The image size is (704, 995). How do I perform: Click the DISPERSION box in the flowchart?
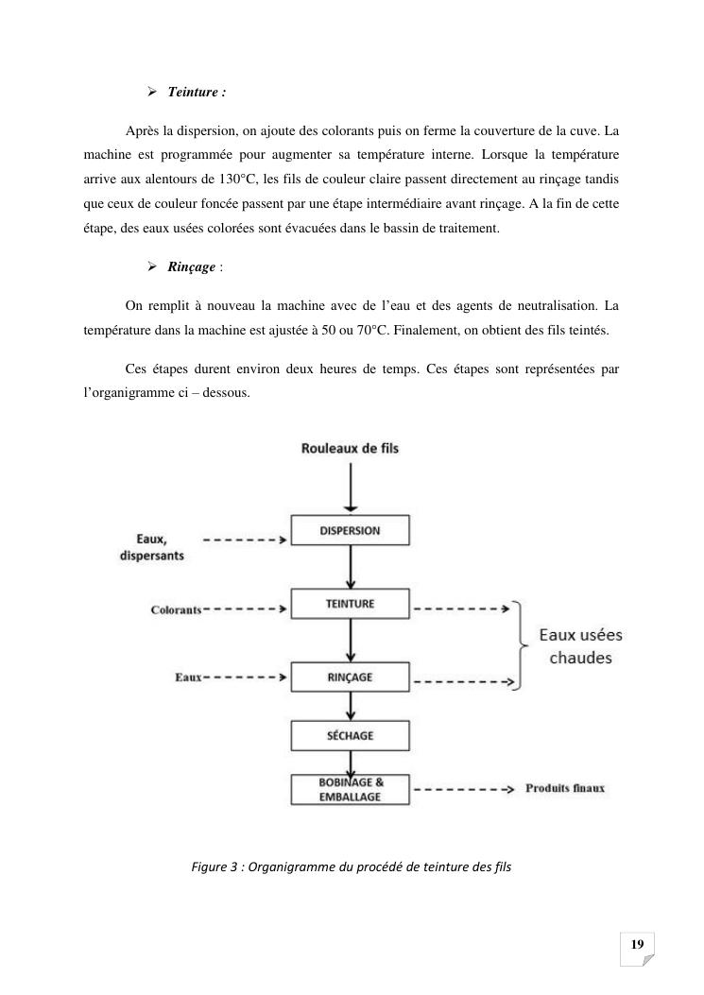click(x=350, y=531)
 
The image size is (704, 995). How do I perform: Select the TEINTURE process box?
click(x=350, y=604)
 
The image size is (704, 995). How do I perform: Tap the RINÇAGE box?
click(x=350, y=677)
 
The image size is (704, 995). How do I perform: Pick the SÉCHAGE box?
click(x=350, y=735)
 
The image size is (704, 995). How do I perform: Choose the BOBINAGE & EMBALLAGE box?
click(x=350, y=789)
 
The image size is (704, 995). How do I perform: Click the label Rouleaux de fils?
click(x=349, y=448)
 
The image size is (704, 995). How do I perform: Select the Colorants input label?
click(x=176, y=609)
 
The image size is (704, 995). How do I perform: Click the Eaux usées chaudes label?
click(x=580, y=646)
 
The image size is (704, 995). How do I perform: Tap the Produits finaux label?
click(x=565, y=788)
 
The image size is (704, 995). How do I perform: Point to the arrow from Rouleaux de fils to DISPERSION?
click(x=350, y=487)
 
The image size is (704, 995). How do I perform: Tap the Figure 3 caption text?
click(x=351, y=865)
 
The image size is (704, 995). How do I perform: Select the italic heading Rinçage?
click(x=192, y=267)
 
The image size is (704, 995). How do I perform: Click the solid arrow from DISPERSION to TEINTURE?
click(x=351, y=569)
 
